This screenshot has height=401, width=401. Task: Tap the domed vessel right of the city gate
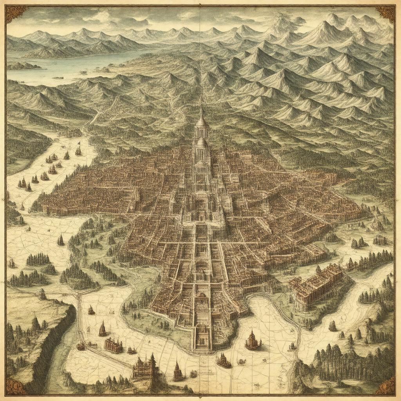(x=253, y=341)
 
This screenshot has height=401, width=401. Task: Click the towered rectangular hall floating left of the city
(x=114, y=345)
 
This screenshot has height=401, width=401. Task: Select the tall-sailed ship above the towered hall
(x=103, y=329)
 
